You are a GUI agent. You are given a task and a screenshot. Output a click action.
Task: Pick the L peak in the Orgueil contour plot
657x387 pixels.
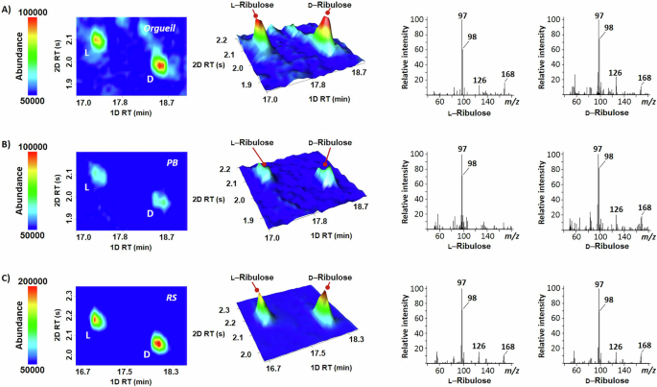tap(97, 39)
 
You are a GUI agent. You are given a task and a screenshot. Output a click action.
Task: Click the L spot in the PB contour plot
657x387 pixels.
tap(96, 174)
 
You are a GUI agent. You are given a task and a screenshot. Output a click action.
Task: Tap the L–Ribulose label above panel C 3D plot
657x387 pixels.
tap(254, 278)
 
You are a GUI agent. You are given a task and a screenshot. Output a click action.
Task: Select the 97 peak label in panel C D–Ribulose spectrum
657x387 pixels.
tap(599, 284)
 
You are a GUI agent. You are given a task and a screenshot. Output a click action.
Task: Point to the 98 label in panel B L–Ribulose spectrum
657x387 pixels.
tap(473, 163)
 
